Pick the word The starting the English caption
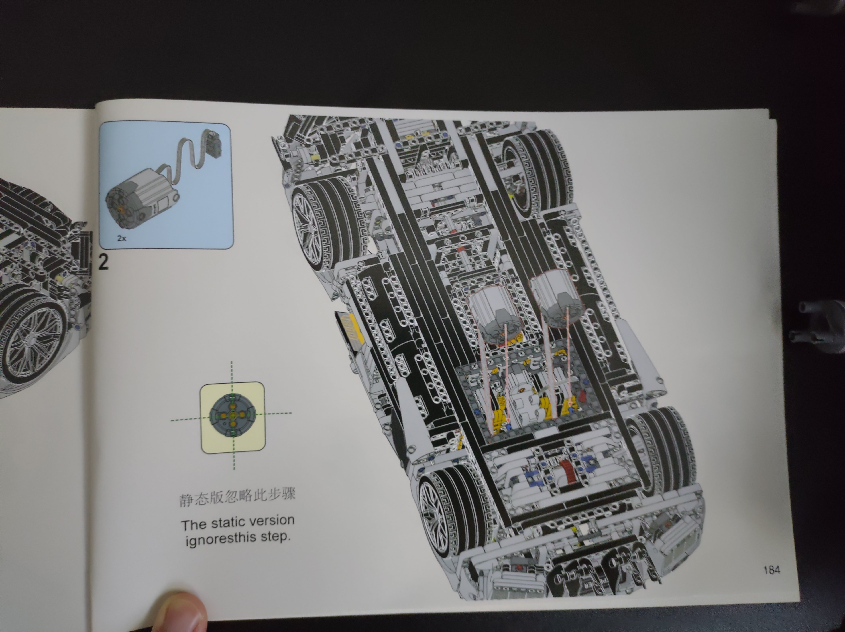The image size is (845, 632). click(194, 525)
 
